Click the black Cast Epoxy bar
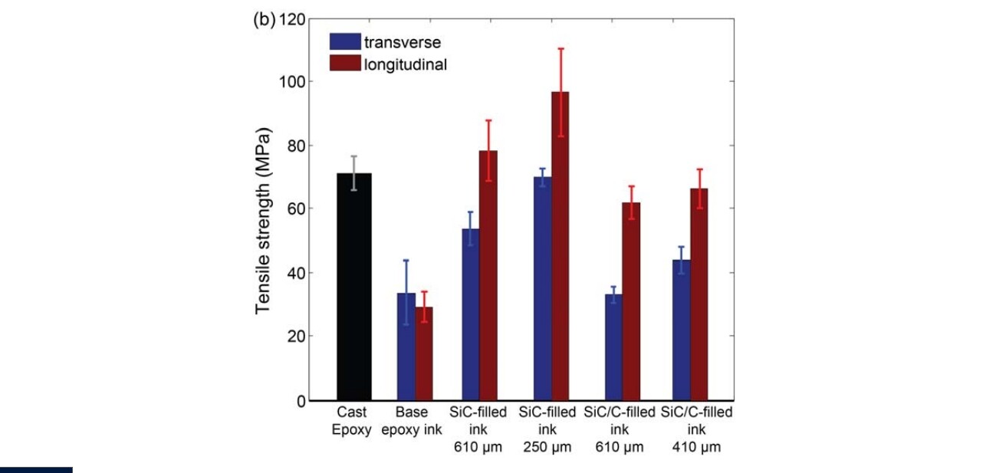click(353, 287)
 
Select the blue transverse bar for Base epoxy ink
click(406, 347)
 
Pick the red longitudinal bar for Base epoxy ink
click(424, 353)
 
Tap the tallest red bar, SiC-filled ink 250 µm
click(560, 245)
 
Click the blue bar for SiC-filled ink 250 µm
click(542, 288)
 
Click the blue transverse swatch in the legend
click(345, 42)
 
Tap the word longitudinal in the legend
click(406, 64)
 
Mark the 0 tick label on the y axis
click(301, 400)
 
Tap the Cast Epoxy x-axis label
click(351, 421)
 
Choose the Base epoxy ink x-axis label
click(412, 421)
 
